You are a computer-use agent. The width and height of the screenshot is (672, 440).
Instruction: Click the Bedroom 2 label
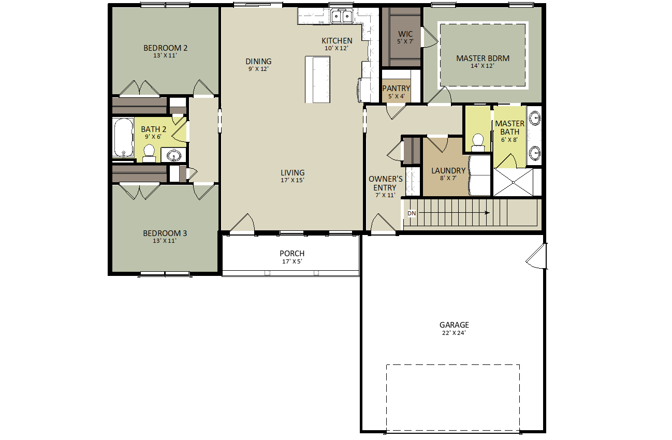point(165,48)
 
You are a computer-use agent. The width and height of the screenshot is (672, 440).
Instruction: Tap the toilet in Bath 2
point(149,153)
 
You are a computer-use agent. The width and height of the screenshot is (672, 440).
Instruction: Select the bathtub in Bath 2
point(123,138)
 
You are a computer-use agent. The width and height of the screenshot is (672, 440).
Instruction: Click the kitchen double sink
point(342,16)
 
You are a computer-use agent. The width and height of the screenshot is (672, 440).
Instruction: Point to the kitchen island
point(318,80)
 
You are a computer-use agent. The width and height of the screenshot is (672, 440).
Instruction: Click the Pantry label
point(396,89)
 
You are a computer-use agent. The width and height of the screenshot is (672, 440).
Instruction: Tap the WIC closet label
point(405,34)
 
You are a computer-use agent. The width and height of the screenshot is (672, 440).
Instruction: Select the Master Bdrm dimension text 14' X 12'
point(483,66)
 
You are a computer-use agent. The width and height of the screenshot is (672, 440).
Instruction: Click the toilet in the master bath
point(478,142)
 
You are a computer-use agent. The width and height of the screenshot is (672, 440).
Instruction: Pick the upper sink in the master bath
point(535,118)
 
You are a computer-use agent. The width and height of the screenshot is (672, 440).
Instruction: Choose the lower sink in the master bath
point(535,153)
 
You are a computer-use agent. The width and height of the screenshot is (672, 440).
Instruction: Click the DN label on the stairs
point(412,213)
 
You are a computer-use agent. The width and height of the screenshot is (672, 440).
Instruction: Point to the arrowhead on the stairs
point(487,213)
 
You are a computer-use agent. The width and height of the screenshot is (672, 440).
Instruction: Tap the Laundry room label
point(448,171)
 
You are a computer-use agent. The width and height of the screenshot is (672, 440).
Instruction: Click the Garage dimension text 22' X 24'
point(454,333)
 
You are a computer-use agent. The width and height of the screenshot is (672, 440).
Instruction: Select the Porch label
point(292,254)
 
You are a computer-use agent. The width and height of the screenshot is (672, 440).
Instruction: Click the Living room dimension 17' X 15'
point(292,180)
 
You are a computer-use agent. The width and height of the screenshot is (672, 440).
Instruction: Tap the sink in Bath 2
point(174,156)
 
